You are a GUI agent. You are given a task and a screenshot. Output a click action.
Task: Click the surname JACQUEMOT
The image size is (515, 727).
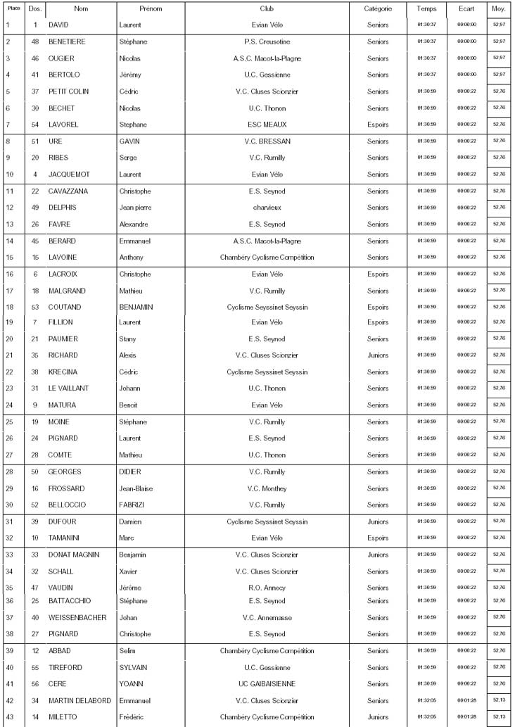tap(69, 175)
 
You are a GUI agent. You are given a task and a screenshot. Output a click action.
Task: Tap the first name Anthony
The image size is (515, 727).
tap(132, 258)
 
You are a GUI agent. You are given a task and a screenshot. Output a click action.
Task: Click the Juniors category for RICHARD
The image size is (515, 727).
tap(378, 355)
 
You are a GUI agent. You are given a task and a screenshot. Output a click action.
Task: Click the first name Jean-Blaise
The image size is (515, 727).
tap(136, 488)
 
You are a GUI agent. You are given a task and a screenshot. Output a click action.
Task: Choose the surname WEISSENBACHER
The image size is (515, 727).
tap(77, 618)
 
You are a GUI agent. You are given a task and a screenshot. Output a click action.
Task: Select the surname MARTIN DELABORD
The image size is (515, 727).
tap(80, 701)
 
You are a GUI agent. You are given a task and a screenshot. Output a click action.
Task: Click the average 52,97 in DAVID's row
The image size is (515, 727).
tap(500, 25)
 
